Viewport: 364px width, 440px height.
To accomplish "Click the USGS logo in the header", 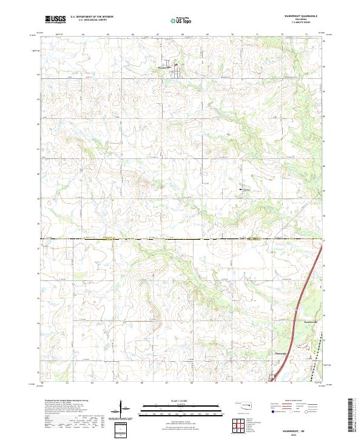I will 55,19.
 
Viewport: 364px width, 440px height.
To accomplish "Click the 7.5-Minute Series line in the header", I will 300,24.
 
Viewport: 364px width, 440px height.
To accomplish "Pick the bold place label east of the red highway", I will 311,321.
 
